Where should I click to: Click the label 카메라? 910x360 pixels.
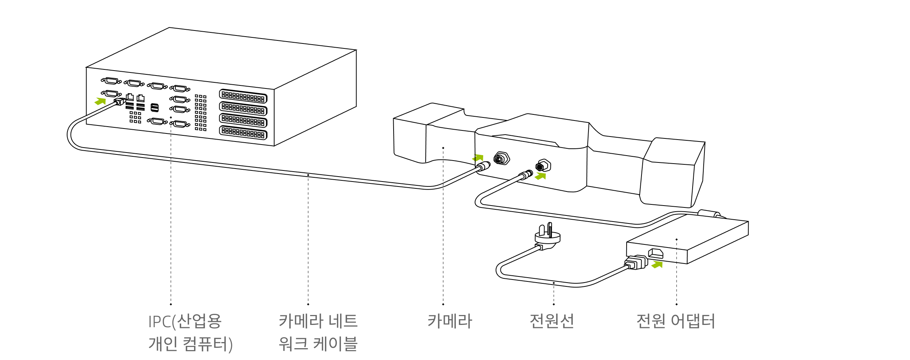tap(450, 321)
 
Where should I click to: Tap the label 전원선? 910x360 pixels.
tap(551, 321)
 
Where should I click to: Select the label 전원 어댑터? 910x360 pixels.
tap(675, 321)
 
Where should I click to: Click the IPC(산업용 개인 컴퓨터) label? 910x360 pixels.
tap(190, 333)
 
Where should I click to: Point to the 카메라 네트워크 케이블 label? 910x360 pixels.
tap(318, 333)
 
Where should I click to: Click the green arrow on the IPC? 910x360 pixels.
tap(100, 101)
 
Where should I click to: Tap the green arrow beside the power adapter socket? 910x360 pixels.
tap(657, 264)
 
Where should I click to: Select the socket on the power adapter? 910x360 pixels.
tap(656, 254)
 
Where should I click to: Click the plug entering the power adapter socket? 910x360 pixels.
tap(637, 262)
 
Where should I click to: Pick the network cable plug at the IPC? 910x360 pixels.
tap(120, 101)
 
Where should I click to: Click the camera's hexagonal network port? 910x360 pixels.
tap(502, 158)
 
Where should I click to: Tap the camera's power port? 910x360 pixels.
tap(543, 166)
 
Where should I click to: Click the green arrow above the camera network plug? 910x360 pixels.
tap(478, 157)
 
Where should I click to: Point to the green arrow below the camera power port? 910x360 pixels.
tap(540, 176)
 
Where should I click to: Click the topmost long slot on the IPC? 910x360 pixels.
tap(243, 96)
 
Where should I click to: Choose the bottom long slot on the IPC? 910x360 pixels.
tap(243, 133)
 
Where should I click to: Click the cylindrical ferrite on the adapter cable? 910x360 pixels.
tap(709, 214)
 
